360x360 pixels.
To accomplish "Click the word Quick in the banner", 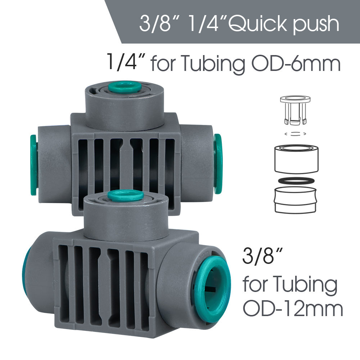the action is click(x=258, y=24).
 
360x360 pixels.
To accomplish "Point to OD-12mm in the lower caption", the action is click(x=293, y=309).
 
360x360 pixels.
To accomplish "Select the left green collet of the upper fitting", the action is click(x=33, y=165).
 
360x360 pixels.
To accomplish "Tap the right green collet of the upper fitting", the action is click(x=218, y=164).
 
